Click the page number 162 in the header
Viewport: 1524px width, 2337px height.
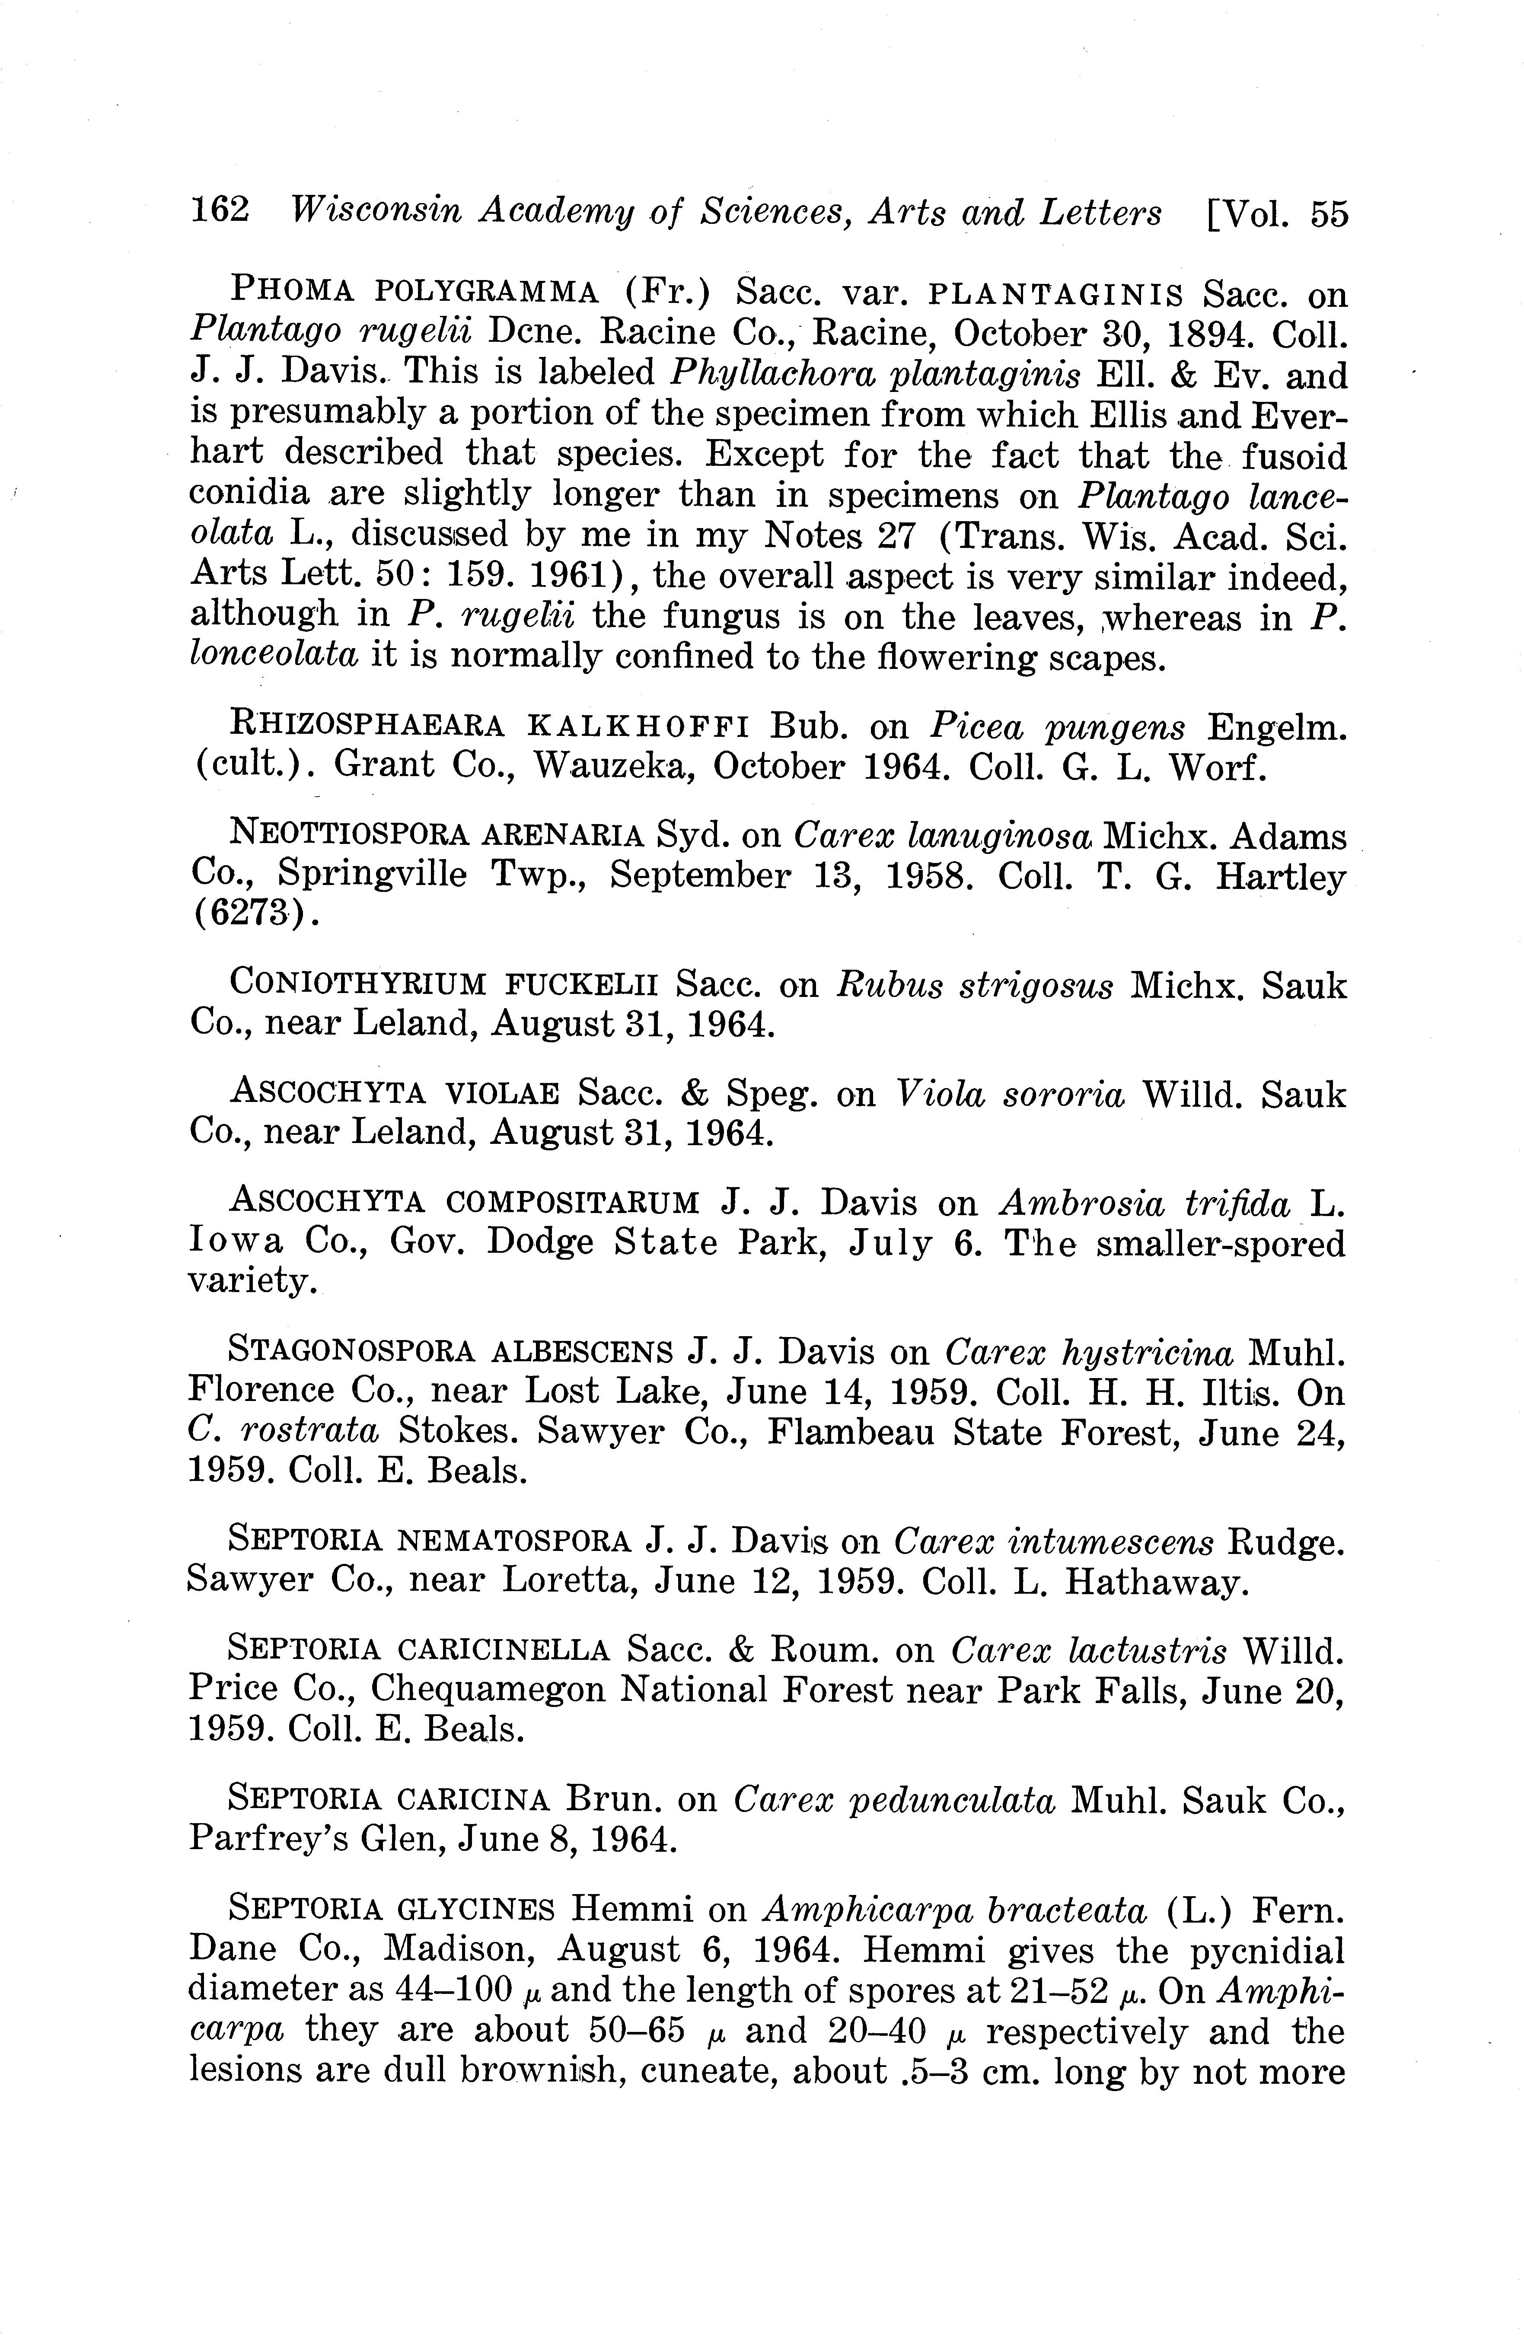pyautogui.click(x=220, y=212)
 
